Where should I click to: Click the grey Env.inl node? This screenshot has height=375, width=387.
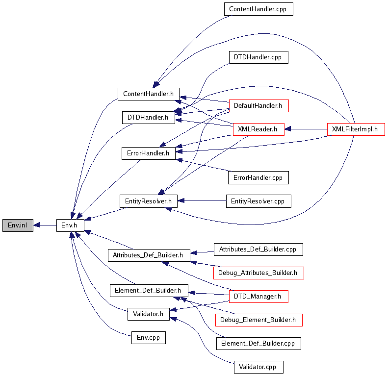pyautogui.click(x=17, y=225)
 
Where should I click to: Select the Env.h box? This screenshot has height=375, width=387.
pyautogui.click(x=70, y=225)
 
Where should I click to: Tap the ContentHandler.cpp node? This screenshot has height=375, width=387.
pyautogui.click(x=258, y=9)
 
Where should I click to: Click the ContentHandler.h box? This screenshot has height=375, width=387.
pyautogui.click(x=148, y=94)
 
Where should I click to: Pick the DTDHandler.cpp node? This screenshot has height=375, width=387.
pyautogui.click(x=258, y=57)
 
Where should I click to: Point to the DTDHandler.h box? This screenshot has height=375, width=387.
pyautogui.click(x=148, y=118)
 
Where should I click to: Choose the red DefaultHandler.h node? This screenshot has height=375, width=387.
pyautogui.click(x=258, y=105)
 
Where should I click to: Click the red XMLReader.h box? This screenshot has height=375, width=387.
pyautogui.click(x=258, y=129)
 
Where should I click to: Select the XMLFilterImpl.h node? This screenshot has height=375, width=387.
pyautogui.click(x=355, y=129)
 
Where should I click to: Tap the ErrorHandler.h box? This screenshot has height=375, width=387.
pyautogui.click(x=148, y=153)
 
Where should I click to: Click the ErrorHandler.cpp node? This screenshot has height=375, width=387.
pyautogui.click(x=258, y=177)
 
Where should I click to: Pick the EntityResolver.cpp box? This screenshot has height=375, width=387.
pyautogui.click(x=258, y=201)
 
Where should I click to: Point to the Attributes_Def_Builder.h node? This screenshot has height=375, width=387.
pyautogui.click(x=148, y=255)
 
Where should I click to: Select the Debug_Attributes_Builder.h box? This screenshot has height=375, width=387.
pyautogui.click(x=258, y=273)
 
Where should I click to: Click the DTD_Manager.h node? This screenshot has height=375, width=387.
pyautogui.click(x=258, y=296)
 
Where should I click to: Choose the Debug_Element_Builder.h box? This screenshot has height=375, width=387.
pyautogui.click(x=258, y=320)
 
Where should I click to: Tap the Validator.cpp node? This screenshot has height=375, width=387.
pyautogui.click(x=258, y=367)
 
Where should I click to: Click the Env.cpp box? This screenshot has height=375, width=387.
pyautogui.click(x=148, y=338)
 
